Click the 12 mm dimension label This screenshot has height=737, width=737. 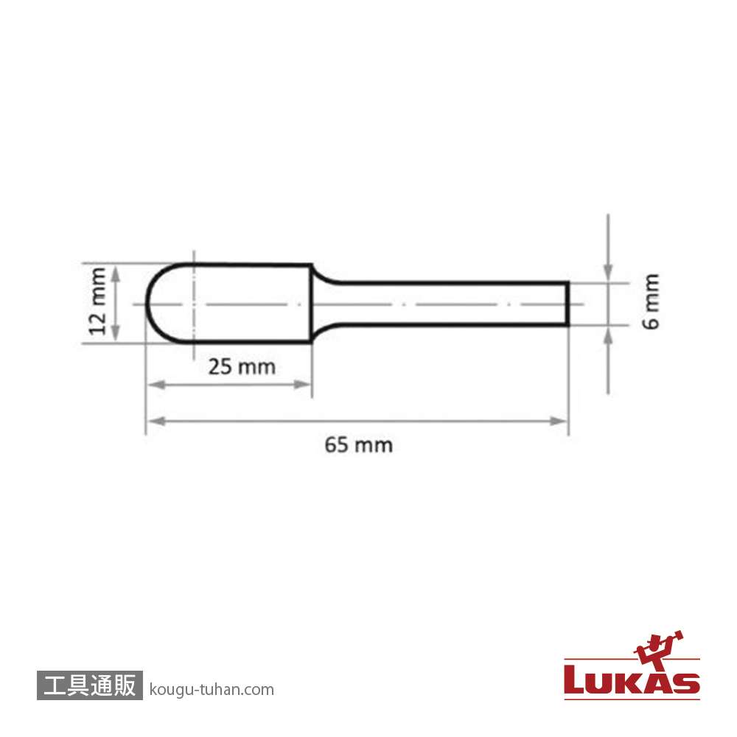coord(98,301)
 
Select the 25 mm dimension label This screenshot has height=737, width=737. coord(242,367)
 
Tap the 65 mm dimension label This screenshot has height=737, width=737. coord(359,445)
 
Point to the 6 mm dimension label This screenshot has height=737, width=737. coord(652,301)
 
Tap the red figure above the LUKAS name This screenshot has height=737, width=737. coord(658,650)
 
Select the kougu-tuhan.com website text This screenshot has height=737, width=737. coord(212,690)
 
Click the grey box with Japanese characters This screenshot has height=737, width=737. coord(89,685)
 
